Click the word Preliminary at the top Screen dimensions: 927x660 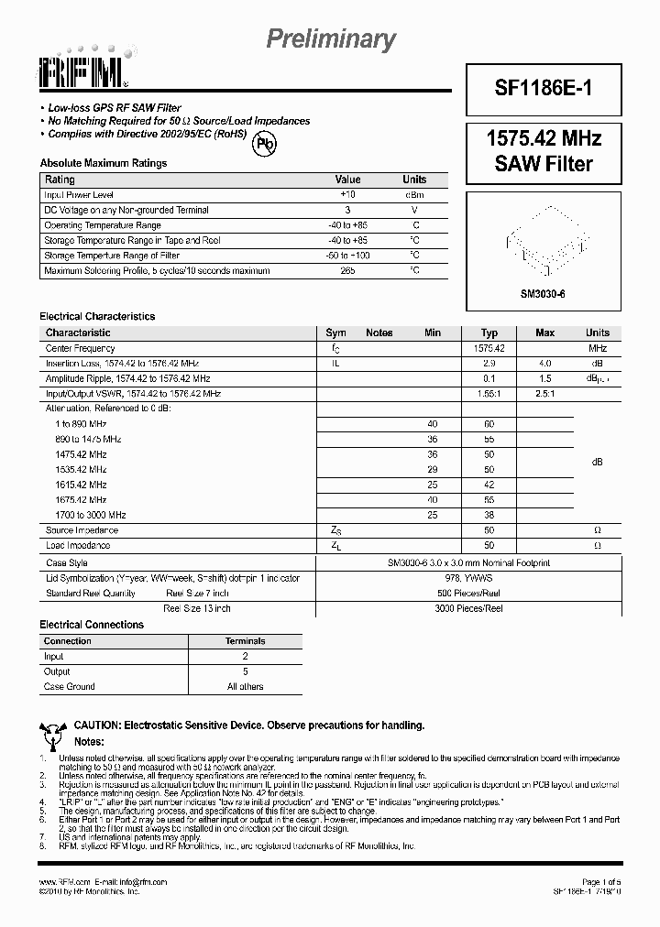pyautogui.click(x=331, y=38)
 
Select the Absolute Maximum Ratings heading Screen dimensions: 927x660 pyautogui.click(x=104, y=163)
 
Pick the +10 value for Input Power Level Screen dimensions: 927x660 pyautogui.click(x=347, y=195)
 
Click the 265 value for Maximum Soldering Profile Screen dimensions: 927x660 pyautogui.click(x=347, y=270)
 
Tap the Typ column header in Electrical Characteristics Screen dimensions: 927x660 pyautogui.click(x=489, y=333)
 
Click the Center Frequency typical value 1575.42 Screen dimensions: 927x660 pyautogui.click(x=489, y=348)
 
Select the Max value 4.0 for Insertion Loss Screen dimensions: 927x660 pyautogui.click(x=544, y=364)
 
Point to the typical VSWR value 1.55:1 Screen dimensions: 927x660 pyautogui.click(x=489, y=393)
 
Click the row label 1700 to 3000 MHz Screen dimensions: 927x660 pyautogui.click(x=91, y=515)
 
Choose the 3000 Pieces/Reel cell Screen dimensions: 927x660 pyautogui.click(x=468, y=607)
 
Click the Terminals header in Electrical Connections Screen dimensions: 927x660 pyautogui.click(x=245, y=641)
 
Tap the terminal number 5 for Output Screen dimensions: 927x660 pyautogui.click(x=245, y=671)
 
